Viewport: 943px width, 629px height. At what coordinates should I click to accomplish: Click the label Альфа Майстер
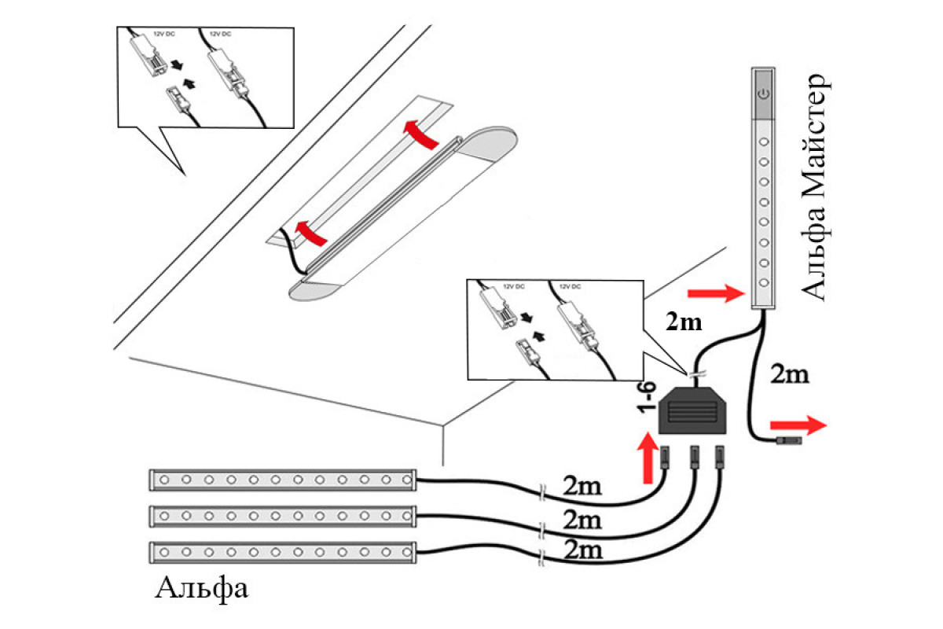(x=813, y=187)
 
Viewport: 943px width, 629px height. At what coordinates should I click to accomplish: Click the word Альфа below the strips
(x=203, y=587)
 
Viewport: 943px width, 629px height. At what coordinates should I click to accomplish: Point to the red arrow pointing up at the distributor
(x=649, y=459)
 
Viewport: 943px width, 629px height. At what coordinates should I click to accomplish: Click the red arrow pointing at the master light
(x=714, y=294)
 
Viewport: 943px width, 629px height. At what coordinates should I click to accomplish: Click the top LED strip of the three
(x=283, y=479)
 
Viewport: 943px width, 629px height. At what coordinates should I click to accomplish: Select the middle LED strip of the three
(x=283, y=516)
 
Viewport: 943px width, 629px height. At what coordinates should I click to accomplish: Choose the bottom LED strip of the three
(x=283, y=552)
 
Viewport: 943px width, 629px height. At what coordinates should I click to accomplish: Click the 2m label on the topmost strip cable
(x=582, y=485)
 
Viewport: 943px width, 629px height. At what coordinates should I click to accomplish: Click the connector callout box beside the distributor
(x=554, y=330)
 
